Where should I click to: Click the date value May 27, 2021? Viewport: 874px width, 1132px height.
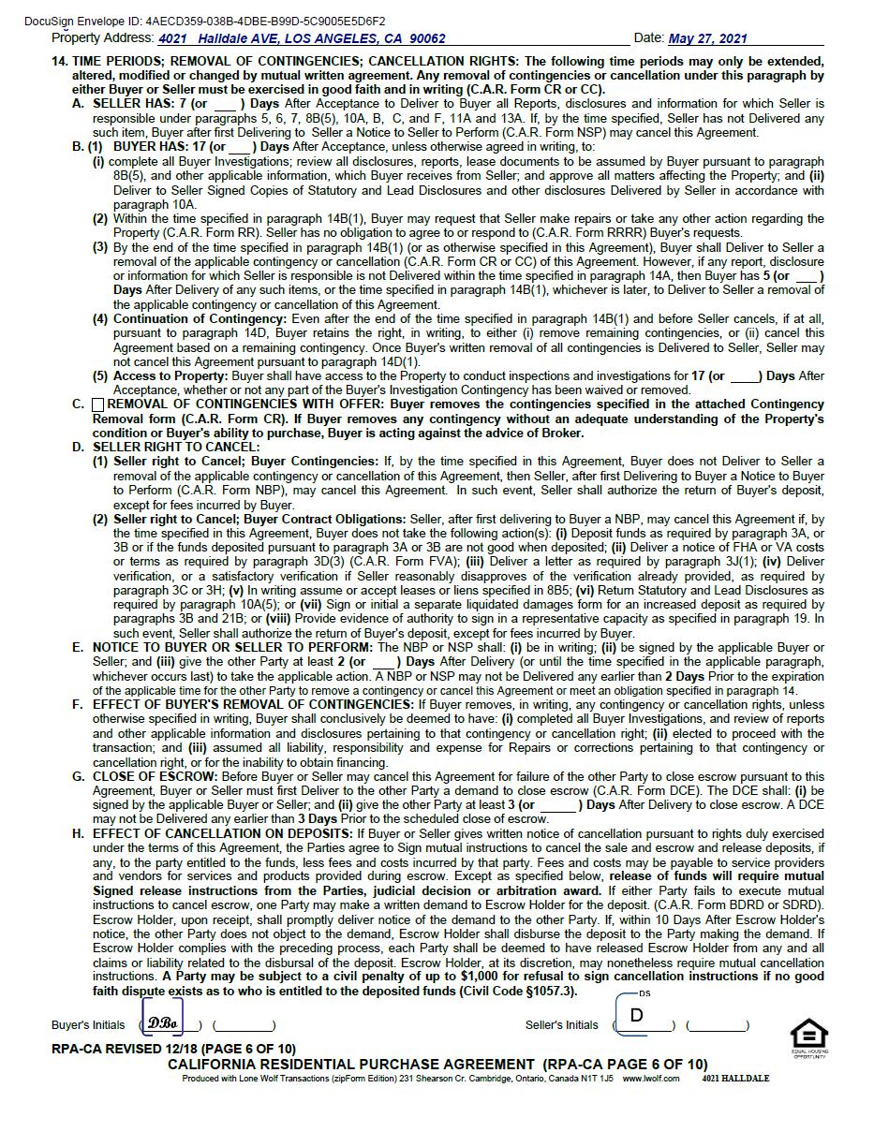pyautogui.click(x=707, y=38)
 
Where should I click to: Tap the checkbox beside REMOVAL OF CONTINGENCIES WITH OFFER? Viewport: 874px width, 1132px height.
pyautogui.click(x=98, y=404)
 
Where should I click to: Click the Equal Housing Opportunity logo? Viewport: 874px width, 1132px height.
pyautogui.click(x=808, y=1036)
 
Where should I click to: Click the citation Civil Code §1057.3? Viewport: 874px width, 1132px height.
pyautogui.click(x=516, y=991)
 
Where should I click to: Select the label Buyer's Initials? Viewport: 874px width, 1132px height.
pyautogui.click(x=88, y=1025)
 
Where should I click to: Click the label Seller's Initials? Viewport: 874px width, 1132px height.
pyautogui.click(x=561, y=1025)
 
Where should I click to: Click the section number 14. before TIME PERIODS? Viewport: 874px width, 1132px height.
pyautogui.click(x=59, y=61)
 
